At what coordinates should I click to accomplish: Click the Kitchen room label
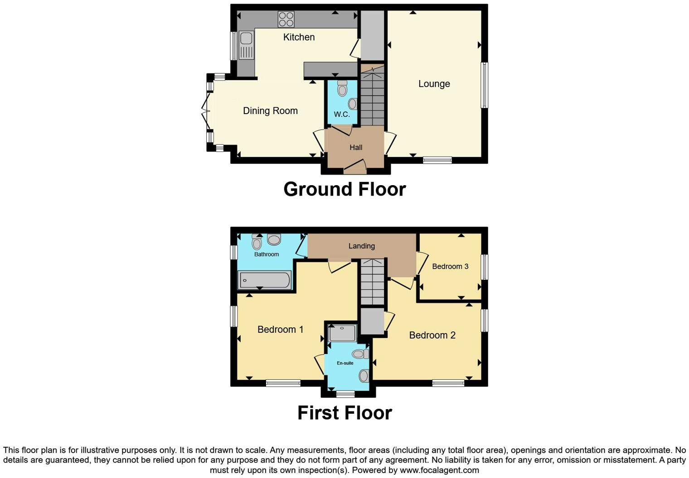[x=299, y=37]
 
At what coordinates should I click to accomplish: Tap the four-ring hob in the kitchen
[x=286, y=19]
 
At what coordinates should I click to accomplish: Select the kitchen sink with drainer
[x=246, y=45]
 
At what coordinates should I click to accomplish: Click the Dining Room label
[x=270, y=111]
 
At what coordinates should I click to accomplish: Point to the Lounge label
[x=434, y=84]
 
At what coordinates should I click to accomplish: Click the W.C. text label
[x=342, y=115]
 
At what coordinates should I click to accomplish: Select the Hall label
[x=356, y=148]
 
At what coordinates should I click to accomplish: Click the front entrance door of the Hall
[x=355, y=167]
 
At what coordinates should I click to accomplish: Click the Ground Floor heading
[x=344, y=189]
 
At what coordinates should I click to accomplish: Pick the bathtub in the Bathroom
[x=264, y=280]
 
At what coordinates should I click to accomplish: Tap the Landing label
[x=361, y=246]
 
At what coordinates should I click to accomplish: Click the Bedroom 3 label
[x=450, y=267]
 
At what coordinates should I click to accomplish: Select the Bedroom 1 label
[x=280, y=330]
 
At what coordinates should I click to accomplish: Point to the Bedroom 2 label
[x=432, y=335]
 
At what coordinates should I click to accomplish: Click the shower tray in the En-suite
[x=342, y=333]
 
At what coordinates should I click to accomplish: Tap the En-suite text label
[x=345, y=363]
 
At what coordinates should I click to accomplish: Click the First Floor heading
[x=344, y=413]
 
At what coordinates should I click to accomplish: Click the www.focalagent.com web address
[x=439, y=470]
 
